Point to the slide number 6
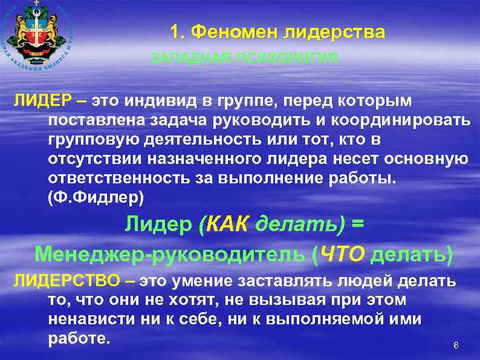[456, 345]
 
